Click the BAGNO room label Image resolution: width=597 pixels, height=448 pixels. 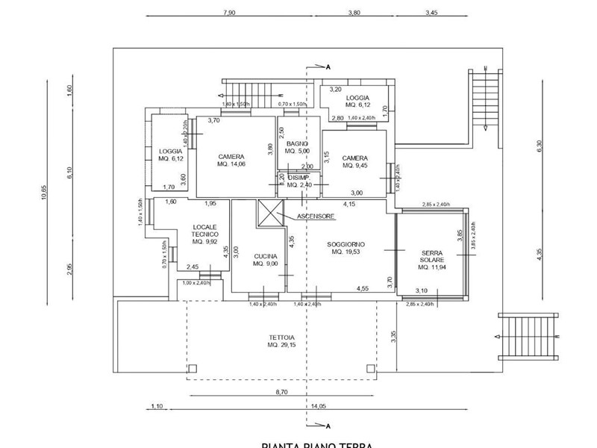296,143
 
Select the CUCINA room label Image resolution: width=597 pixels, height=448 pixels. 266,255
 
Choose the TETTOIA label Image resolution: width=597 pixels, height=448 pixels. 284,337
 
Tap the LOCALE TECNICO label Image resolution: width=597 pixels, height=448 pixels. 204,231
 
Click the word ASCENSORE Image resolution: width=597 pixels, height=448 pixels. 316,216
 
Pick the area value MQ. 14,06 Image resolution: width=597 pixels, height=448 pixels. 231,165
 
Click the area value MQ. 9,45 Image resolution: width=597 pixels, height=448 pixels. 354,166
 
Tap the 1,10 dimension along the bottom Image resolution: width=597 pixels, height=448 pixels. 157,406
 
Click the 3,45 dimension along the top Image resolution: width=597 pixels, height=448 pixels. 431,13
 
